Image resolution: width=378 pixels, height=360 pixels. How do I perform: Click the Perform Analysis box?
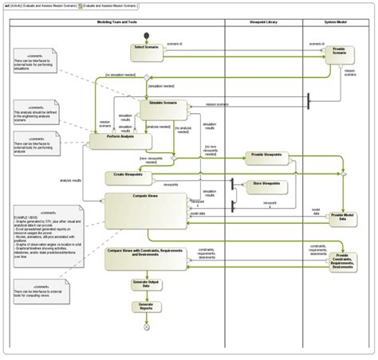pos(119,140)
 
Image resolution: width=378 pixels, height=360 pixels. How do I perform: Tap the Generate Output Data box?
pos(146,284)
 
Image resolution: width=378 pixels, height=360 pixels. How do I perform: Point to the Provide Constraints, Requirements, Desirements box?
pos(342,262)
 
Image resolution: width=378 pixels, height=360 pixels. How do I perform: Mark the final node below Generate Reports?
pos(146,327)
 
